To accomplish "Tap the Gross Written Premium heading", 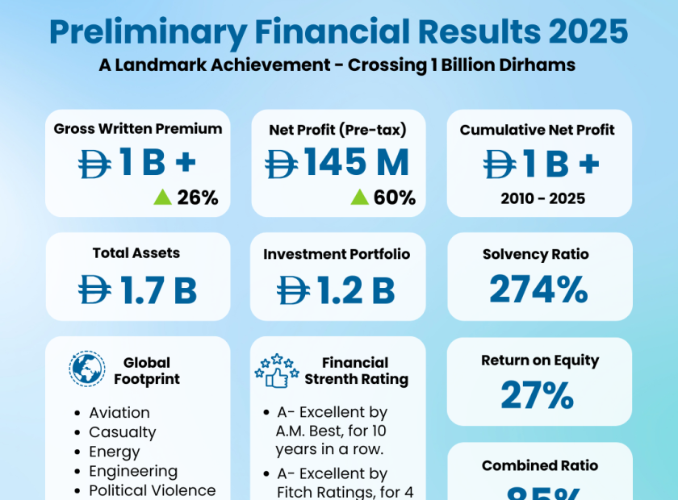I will tap(138, 128).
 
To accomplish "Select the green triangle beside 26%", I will tap(163, 197).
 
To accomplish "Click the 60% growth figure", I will tap(395, 197).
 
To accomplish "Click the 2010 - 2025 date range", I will tap(539, 198).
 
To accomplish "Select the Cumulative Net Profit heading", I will tap(538, 130).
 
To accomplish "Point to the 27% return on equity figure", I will tap(538, 395).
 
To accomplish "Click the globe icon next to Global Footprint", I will tap(87, 369).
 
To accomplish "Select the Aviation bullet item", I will tap(119, 413).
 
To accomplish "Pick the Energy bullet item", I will tap(115, 452).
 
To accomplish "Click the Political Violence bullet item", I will tap(153, 490).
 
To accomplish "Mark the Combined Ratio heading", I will tap(540, 465).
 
